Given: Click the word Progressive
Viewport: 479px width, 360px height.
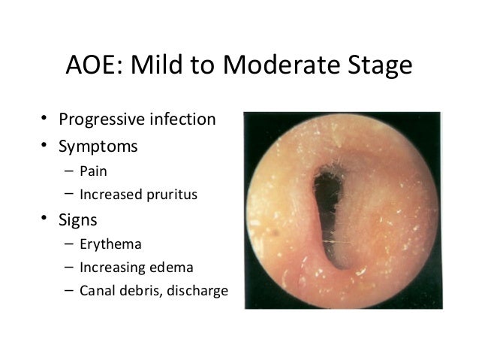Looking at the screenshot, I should (102, 120).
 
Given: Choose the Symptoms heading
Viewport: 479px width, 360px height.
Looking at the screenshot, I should (98, 147).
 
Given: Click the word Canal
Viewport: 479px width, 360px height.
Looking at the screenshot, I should (98, 289).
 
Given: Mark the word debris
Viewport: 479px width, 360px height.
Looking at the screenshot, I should (140, 289).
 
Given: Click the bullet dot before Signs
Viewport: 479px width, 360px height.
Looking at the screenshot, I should (45, 219).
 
